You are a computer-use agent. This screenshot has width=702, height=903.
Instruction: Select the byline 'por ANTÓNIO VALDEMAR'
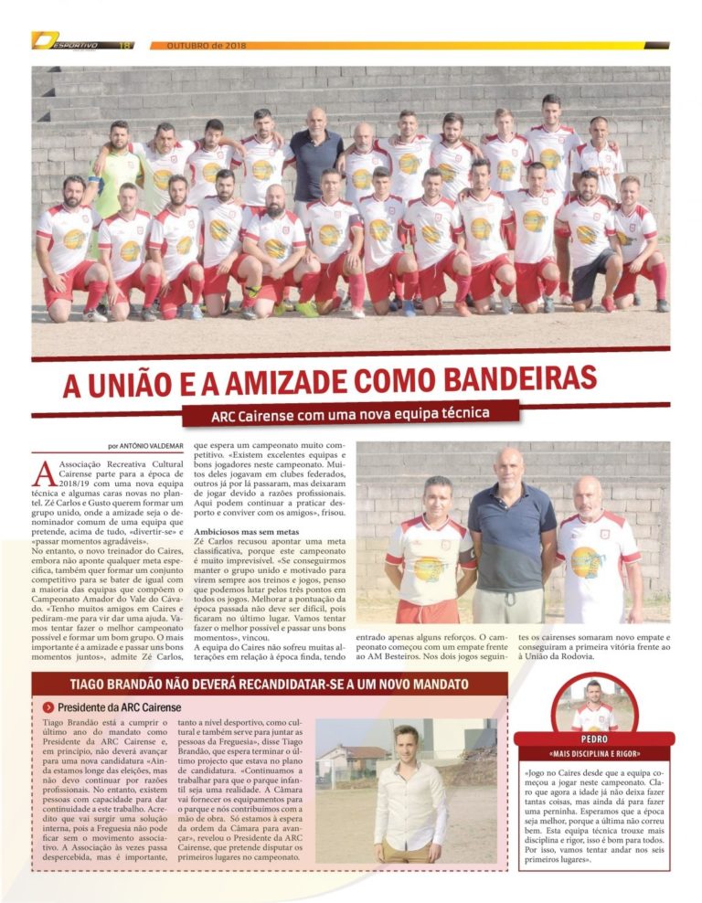pyautogui.click(x=145, y=447)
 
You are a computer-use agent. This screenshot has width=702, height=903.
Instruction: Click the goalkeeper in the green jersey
pyautogui.click(x=116, y=178)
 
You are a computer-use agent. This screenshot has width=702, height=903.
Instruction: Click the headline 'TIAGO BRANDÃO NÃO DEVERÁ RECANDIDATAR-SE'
pyautogui.click(x=269, y=685)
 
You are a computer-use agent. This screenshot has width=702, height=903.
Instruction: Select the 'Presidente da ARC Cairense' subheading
pyautogui.click(x=119, y=707)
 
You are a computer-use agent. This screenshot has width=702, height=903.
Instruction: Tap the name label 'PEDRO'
pyautogui.click(x=594, y=738)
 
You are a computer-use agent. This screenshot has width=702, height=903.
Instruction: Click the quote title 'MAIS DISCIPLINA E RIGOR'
pyautogui.click(x=594, y=754)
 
